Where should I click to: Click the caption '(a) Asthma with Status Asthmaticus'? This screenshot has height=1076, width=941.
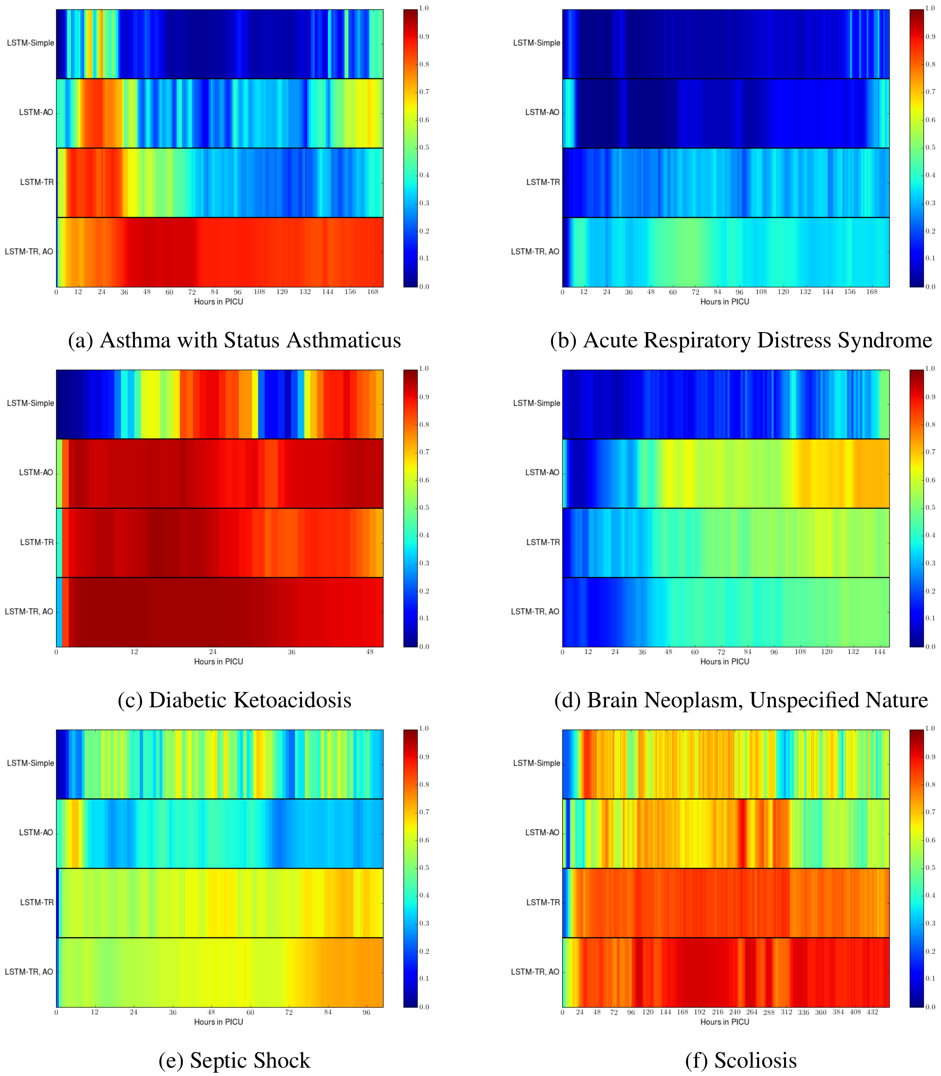pos(234,340)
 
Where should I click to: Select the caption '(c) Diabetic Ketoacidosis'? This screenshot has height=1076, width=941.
pos(234,700)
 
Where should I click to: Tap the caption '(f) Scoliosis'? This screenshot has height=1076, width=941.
pos(741,1060)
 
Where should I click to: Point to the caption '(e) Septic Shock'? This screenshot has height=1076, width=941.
pos(234,1060)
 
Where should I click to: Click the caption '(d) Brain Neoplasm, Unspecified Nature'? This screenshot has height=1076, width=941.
pos(741,700)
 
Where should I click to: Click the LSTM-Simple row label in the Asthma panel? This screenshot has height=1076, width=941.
pos(31,43)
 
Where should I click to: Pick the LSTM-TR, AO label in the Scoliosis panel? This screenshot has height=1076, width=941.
pos(535,972)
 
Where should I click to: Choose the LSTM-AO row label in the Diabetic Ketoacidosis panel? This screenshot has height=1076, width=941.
pos(36,473)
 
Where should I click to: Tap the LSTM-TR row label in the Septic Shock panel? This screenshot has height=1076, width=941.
pos(37,902)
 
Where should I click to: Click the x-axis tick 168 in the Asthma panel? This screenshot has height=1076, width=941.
pos(373,292)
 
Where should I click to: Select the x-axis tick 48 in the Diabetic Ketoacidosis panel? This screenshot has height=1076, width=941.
pos(370,652)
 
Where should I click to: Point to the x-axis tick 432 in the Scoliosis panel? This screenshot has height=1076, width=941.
pos(872,1012)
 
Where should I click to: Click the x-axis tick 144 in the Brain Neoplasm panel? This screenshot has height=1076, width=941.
pos(880,652)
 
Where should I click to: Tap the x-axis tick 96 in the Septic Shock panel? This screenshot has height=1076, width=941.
pos(367,1012)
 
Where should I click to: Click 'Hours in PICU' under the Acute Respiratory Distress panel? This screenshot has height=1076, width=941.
pos(725,302)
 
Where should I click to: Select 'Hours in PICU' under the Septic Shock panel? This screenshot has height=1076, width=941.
pos(219,1022)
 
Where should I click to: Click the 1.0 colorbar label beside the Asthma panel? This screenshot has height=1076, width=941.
pos(424,8)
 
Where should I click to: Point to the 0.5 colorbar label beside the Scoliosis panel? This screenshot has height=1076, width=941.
pos(930,868)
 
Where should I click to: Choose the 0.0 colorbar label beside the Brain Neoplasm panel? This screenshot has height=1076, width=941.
pos(930,647)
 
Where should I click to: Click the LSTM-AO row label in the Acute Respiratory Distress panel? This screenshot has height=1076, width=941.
pos(542,112)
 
